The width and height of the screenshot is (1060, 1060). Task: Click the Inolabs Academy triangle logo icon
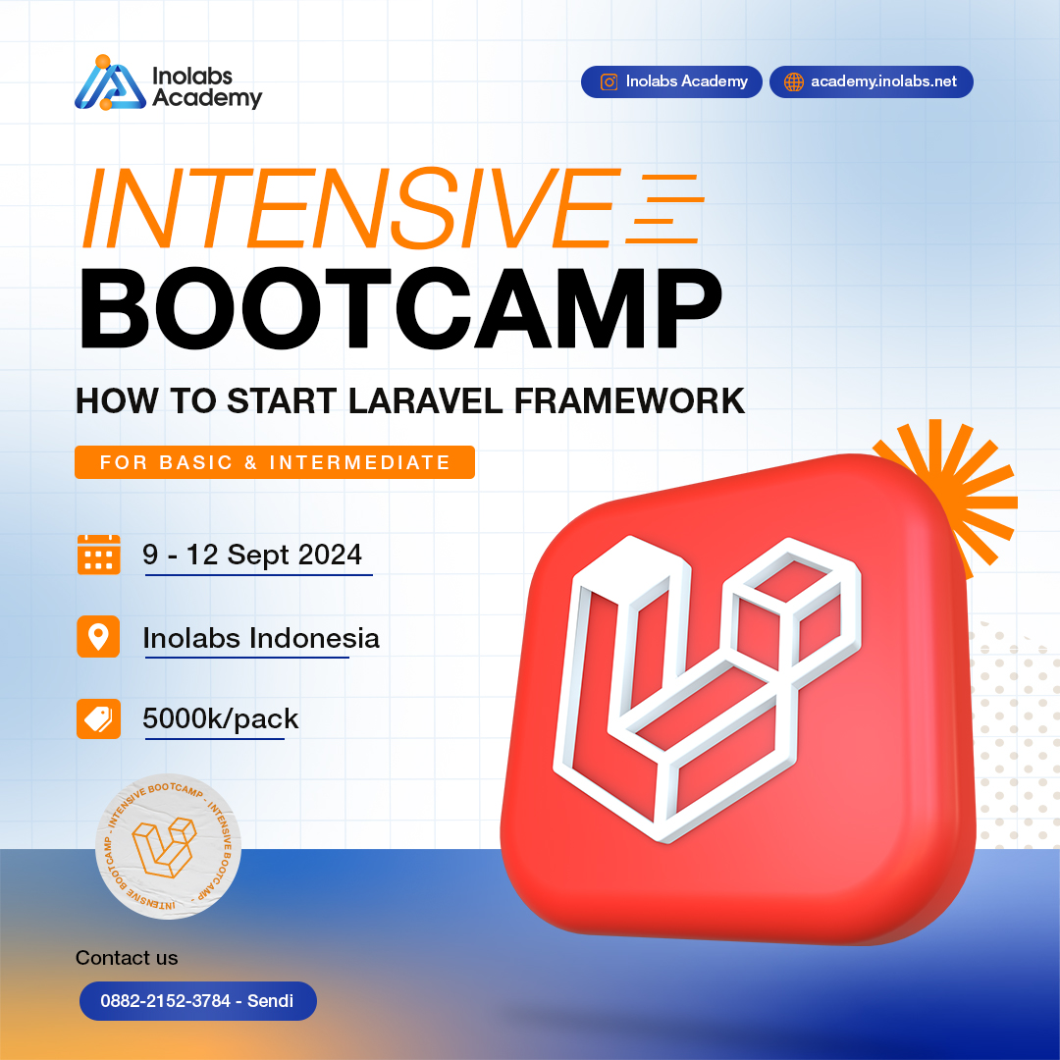pyautogui.click(x=109, y=82)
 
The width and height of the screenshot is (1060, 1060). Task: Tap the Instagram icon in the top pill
pyautogui.click(x=609, y=81)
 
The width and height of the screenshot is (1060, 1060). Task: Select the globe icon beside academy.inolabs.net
pyautogui.click(x=794, y=81)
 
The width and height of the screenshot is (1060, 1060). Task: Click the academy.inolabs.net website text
pyautogui.click(x=883, y=81)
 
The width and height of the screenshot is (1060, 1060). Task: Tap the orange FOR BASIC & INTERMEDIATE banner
pyautogui.click(x=275, y=462)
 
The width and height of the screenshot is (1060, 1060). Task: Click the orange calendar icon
pyautogui.click(x=98, y=555)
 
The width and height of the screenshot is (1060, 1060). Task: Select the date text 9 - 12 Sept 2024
pyautogui.click(x=252, y=555)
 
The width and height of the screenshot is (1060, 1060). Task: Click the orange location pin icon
pyautogui.click(x=98, y=637)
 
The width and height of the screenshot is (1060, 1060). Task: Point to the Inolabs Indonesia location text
pyautogui.click(x=261, y=638)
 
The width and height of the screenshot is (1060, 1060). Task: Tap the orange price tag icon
pyautogui.click(x=98, y=719)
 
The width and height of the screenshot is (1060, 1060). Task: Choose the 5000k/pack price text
pyautogui.click(x=221, y=719)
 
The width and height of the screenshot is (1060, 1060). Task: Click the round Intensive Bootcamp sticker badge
pyautogui.click(x=169, y=846)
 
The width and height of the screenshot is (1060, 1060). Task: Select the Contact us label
pyautogui.click(x=127, y=958)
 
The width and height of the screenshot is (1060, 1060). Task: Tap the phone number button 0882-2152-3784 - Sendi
pyautogui.click(x=196, y=1002)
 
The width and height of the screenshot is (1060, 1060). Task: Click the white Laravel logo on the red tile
pyautogui.click(x=702, y=687)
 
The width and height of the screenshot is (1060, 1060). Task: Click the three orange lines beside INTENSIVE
pyautogui.click(x=664, y=209)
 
